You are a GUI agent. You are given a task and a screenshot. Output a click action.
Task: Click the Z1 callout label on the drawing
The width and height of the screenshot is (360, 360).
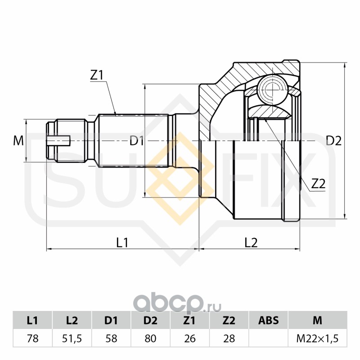97,75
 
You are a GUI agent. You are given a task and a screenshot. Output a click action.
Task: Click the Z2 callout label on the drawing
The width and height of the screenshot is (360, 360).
318,183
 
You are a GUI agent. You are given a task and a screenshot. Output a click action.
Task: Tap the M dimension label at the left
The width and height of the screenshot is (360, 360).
18,141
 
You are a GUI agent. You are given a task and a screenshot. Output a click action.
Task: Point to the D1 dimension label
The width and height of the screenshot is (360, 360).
136,141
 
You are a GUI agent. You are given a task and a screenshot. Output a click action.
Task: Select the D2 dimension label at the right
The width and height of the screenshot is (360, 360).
333,141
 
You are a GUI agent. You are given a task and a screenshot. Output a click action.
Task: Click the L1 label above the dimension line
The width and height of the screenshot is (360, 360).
122,243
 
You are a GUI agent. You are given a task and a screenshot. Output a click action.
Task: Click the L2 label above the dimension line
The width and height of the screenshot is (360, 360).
251,243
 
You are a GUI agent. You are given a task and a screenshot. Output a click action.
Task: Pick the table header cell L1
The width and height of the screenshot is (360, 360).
32,320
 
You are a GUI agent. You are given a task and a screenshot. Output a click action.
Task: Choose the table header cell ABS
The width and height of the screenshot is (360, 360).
268,320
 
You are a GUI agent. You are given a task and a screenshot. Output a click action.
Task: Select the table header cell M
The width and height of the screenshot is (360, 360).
317,320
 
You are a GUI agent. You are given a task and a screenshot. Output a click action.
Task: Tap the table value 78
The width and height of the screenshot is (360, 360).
32,338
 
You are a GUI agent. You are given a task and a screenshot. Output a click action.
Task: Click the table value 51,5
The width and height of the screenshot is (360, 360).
72,338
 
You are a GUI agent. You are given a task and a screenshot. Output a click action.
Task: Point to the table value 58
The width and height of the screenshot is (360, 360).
111,338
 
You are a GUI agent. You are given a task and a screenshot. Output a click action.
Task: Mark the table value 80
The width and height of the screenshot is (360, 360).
150,338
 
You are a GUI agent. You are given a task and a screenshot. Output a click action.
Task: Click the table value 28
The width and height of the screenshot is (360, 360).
229,338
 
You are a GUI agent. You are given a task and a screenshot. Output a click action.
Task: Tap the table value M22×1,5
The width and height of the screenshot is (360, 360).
317,338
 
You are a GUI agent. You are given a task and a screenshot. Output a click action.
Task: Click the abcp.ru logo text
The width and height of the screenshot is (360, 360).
178,304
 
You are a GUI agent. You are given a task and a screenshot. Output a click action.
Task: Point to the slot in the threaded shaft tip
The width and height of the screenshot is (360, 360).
58,141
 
